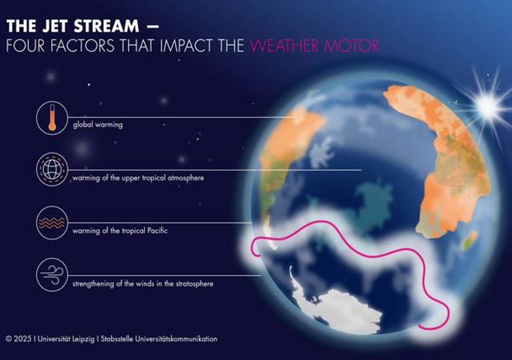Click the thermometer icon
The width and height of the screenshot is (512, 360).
point(52,118)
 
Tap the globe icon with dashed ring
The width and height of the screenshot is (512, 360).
point(52,170)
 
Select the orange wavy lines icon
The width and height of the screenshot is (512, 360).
point(52,223)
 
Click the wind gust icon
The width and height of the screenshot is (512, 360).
point(52,275)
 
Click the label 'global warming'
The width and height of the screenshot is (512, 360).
point(98,125)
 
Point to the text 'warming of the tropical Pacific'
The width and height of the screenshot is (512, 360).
point(120,231)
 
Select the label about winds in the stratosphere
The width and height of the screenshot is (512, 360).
point(143,284)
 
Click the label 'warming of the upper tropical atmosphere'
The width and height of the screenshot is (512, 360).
point(138,178)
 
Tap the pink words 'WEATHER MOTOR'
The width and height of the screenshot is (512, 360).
point(314,46)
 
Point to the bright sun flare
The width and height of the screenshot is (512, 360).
point(488,105)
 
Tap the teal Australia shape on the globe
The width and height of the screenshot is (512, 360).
point(374,204)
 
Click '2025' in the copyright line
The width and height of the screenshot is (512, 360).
point(23,339)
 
